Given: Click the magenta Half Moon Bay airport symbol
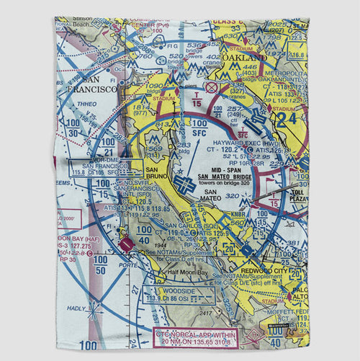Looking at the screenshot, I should [127, 246].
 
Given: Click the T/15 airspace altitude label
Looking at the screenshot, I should [197, 102].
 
